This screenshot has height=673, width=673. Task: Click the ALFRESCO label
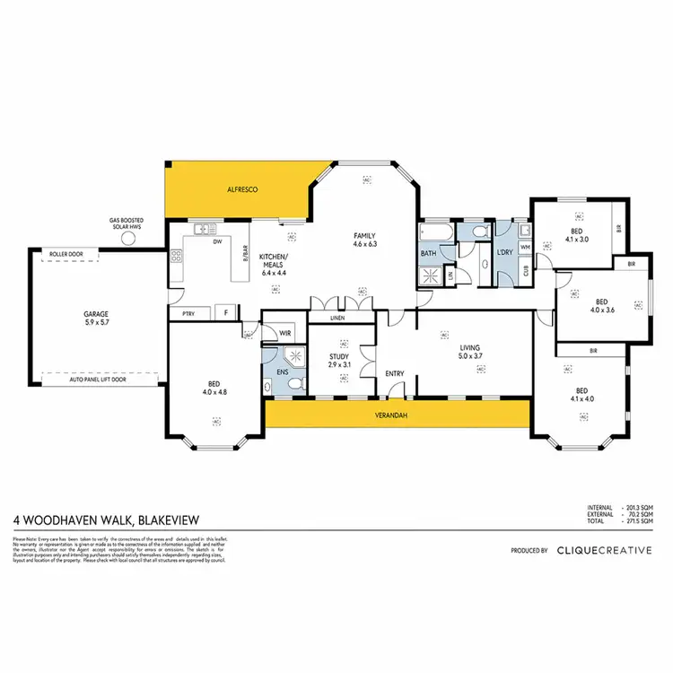coord(242,190)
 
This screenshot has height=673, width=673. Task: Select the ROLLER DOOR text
coord(66,255)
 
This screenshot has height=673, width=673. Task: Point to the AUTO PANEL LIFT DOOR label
coord(99,380)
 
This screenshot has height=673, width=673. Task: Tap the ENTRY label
coord(395,374)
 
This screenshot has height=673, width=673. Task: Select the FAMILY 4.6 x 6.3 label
coord(366,239)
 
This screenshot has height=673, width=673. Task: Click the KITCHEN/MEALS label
coord(273,261)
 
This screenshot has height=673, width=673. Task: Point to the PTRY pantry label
coord(188,313)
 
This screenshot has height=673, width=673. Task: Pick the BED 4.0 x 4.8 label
coord(216,390)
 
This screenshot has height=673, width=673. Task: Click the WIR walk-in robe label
coord(285,334)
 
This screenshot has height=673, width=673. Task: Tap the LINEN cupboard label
coord(337,318)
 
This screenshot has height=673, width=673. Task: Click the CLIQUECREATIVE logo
coord(604,551)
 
